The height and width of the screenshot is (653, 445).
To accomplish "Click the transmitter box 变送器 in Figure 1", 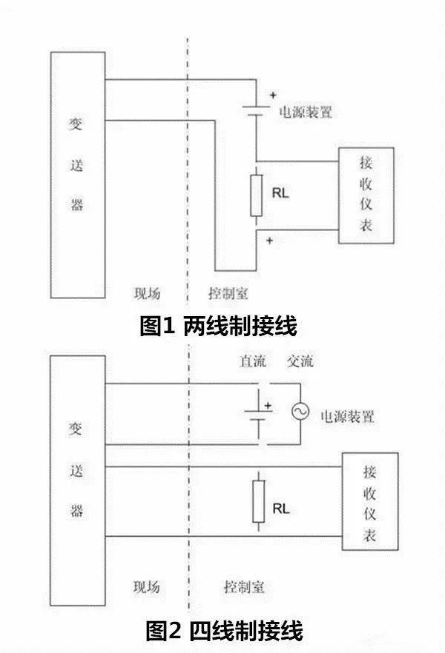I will (x=76, y=175).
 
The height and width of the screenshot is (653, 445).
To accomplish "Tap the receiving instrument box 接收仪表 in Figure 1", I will (x=365, y=195).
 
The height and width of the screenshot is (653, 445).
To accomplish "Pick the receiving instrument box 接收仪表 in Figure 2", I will (x=369, y=501).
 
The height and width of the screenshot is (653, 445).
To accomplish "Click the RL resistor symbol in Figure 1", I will (x=257, y=195).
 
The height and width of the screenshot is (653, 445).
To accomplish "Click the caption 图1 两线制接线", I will (x=219, y=326).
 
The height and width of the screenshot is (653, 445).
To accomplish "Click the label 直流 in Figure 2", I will (x=251, y=361).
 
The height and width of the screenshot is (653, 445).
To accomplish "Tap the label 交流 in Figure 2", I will (x=300, y=361).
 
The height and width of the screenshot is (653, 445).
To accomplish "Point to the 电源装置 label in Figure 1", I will (x=305, y=113).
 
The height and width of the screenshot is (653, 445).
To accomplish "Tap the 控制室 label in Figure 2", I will (x=244, y=587).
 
